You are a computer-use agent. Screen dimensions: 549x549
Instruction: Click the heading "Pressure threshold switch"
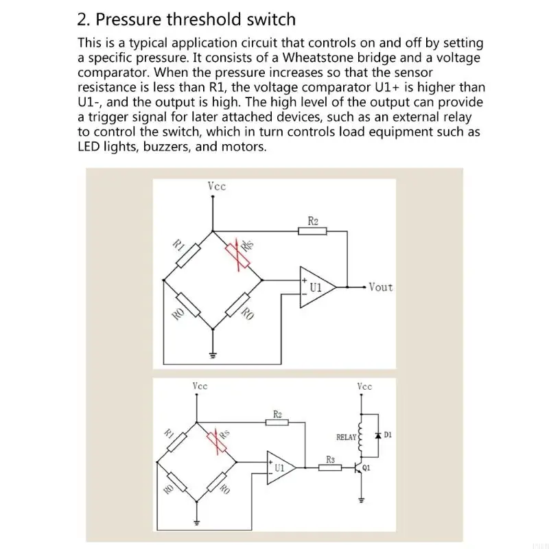[195, 19]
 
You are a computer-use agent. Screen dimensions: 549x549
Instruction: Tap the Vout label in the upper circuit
[381, 287]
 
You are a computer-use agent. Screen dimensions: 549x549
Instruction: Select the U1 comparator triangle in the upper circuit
[316, 287]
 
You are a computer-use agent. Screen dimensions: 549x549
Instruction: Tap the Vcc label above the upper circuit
[216, 186]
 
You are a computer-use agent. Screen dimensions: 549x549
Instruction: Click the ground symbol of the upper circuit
[213, 355]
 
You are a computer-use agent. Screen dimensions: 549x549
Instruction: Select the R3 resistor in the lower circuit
[330, 468]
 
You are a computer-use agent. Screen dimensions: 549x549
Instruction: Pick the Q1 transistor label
[366, 469]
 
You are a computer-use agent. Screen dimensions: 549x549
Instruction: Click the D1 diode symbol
[377, 436]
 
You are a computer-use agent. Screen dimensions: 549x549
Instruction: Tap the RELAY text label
[346, 436]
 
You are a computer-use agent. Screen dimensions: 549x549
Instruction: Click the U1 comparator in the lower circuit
[282, 468]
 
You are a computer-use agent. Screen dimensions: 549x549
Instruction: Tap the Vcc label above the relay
[364, 386]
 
